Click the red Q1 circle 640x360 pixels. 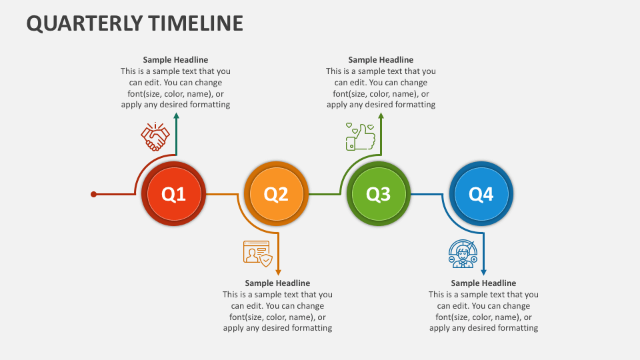click(173, 193)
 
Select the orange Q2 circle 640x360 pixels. click(276, 193)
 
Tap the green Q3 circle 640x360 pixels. click(379, 193)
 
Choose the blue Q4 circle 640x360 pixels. click(481, 193)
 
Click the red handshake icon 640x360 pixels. click(155, 137)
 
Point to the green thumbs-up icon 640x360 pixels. click(361, 137)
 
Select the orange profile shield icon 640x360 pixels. click(257, 253)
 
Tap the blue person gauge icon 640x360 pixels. click(463, 253)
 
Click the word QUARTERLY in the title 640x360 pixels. click(85, 23)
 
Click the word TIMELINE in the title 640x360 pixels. click(195, 23)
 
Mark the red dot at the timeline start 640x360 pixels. click(93, 194)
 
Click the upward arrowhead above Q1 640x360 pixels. click(176, 116)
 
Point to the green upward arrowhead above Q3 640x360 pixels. click(381, 116)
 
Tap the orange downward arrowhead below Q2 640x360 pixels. click(279, 272)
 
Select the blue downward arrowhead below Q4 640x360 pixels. click(484, 272)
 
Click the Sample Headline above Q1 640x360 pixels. click(175, 59)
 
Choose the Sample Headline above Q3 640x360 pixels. click(381, 59)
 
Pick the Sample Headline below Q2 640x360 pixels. click(277, 283)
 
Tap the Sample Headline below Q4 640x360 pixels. click(484, 283)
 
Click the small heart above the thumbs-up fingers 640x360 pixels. click(371, 127)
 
